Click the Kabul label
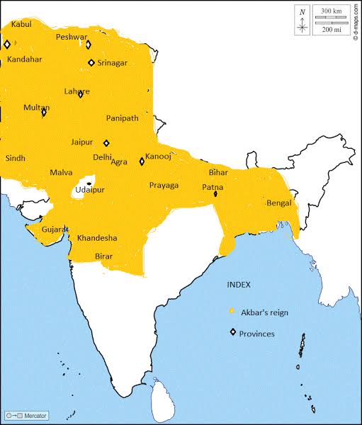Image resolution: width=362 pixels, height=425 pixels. click(x=21, y=24)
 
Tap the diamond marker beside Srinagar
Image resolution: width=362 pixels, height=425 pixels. click(x=91, y=62)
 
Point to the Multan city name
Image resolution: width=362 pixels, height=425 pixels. click(x=36, y=107)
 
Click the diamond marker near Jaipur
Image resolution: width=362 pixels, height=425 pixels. click(x=107, y=142)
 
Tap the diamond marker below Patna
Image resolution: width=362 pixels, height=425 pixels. click(x=215, y=193)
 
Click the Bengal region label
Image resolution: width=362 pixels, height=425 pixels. click(x=278, y=203)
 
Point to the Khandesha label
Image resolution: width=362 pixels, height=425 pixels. click(x=97, y=237)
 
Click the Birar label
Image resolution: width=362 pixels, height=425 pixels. click(x=103, y=256)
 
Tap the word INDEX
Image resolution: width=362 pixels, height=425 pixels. click(x=239, y=284)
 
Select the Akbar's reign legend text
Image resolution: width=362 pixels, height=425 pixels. click(x=264, y=312)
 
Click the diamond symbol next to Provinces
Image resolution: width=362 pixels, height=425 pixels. click(x=232, y=333)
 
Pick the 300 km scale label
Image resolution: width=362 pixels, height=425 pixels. click(x=331, y=11)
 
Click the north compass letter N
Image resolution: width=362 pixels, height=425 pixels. click(x=302, y=11)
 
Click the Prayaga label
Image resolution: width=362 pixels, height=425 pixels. click(x=164, y=186)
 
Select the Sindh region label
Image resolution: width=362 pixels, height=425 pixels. click(x=15, y=159)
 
